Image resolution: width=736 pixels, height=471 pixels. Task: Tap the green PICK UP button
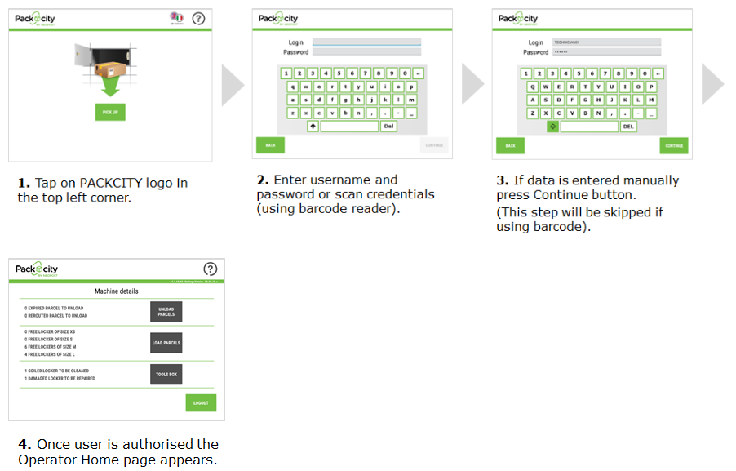pyautogui.click(x=110, y=112)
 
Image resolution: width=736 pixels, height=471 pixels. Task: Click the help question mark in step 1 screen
pyautogui.click(x=198, y=18)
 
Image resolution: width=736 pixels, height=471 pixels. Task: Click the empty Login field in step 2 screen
pyautogui.click(x=366, y=42)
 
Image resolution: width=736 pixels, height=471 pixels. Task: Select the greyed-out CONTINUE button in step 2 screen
pyautogui.click(x=434, y=145)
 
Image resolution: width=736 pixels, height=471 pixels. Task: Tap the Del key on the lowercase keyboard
pyautogui.click(x=388, y=127)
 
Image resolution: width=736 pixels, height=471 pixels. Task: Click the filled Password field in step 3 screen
pyautogui.click(x=606, y=52)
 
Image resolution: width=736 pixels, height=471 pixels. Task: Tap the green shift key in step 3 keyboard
pyautogui.click(x=552, y=127)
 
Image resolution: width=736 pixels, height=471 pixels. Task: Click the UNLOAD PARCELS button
pyautogui.click(x=166, y=312)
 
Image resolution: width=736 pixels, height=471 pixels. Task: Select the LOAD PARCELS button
pyautogui.click(x=166, y=343)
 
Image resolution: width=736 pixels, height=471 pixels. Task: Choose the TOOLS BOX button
pyautogui.click(x=166, y=375)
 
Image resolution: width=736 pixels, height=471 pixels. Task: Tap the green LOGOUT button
pyautogui.click(x=201, y=402)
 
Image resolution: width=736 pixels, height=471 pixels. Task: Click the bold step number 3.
pyautogui.click(x=501, y=180)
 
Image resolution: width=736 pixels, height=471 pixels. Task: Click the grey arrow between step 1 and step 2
pyautogui.click(x=233, y=84)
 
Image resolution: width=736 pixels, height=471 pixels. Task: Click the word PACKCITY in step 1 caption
pyautogui.click(x=112, y=183)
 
